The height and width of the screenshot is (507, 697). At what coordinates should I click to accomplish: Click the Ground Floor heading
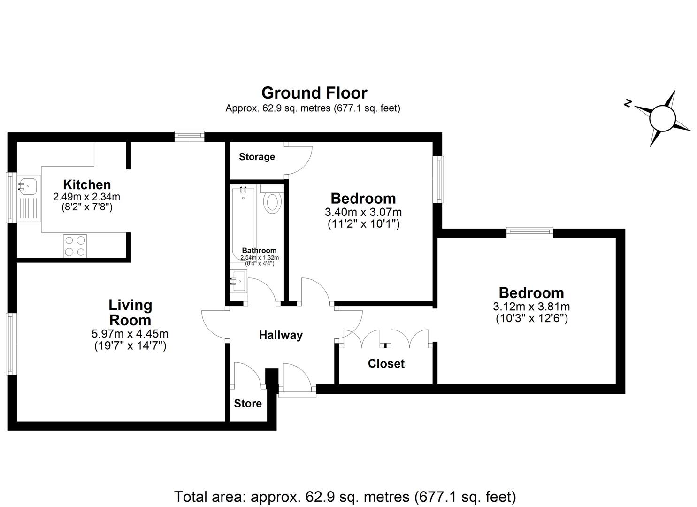[x=314, y=93]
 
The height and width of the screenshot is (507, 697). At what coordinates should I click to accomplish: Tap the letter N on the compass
[x=627, y=104]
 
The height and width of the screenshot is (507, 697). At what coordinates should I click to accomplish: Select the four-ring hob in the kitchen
[x=75, y=246]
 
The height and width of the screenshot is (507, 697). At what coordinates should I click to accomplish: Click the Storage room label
[x=257, y=157]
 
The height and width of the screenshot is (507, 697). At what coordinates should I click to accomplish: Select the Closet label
[x=386, y=364]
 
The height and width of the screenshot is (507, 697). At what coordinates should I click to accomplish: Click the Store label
[x=248, y=404]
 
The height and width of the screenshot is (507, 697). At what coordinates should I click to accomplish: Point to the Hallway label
[x=281, y=335]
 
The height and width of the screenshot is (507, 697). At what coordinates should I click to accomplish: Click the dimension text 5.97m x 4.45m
[x=130, y=334]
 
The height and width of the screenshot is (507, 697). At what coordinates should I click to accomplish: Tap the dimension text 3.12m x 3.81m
[x=531, y=307]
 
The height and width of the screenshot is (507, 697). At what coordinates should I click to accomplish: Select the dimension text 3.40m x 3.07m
[x=363, y=213]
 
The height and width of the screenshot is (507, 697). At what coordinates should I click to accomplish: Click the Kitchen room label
[x=87, y=184]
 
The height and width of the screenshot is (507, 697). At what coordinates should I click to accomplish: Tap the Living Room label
[x=130, y=313]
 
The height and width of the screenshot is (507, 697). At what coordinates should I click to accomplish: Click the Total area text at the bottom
[x=345, y=496]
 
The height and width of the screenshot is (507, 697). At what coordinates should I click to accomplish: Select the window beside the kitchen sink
[x=10, y=197]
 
